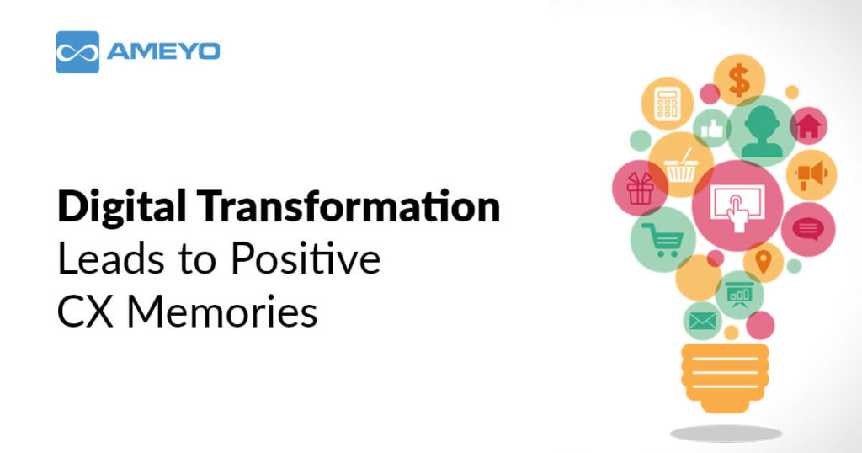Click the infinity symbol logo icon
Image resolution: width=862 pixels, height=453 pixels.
pos(77,52)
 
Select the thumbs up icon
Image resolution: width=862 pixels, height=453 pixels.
pos(713,129)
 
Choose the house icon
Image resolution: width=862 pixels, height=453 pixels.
pos(808,126)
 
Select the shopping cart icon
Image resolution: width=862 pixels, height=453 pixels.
pos(662,239)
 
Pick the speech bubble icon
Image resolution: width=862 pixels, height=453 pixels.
pos(807,228)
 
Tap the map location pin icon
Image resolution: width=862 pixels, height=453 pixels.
pos(764,262)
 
